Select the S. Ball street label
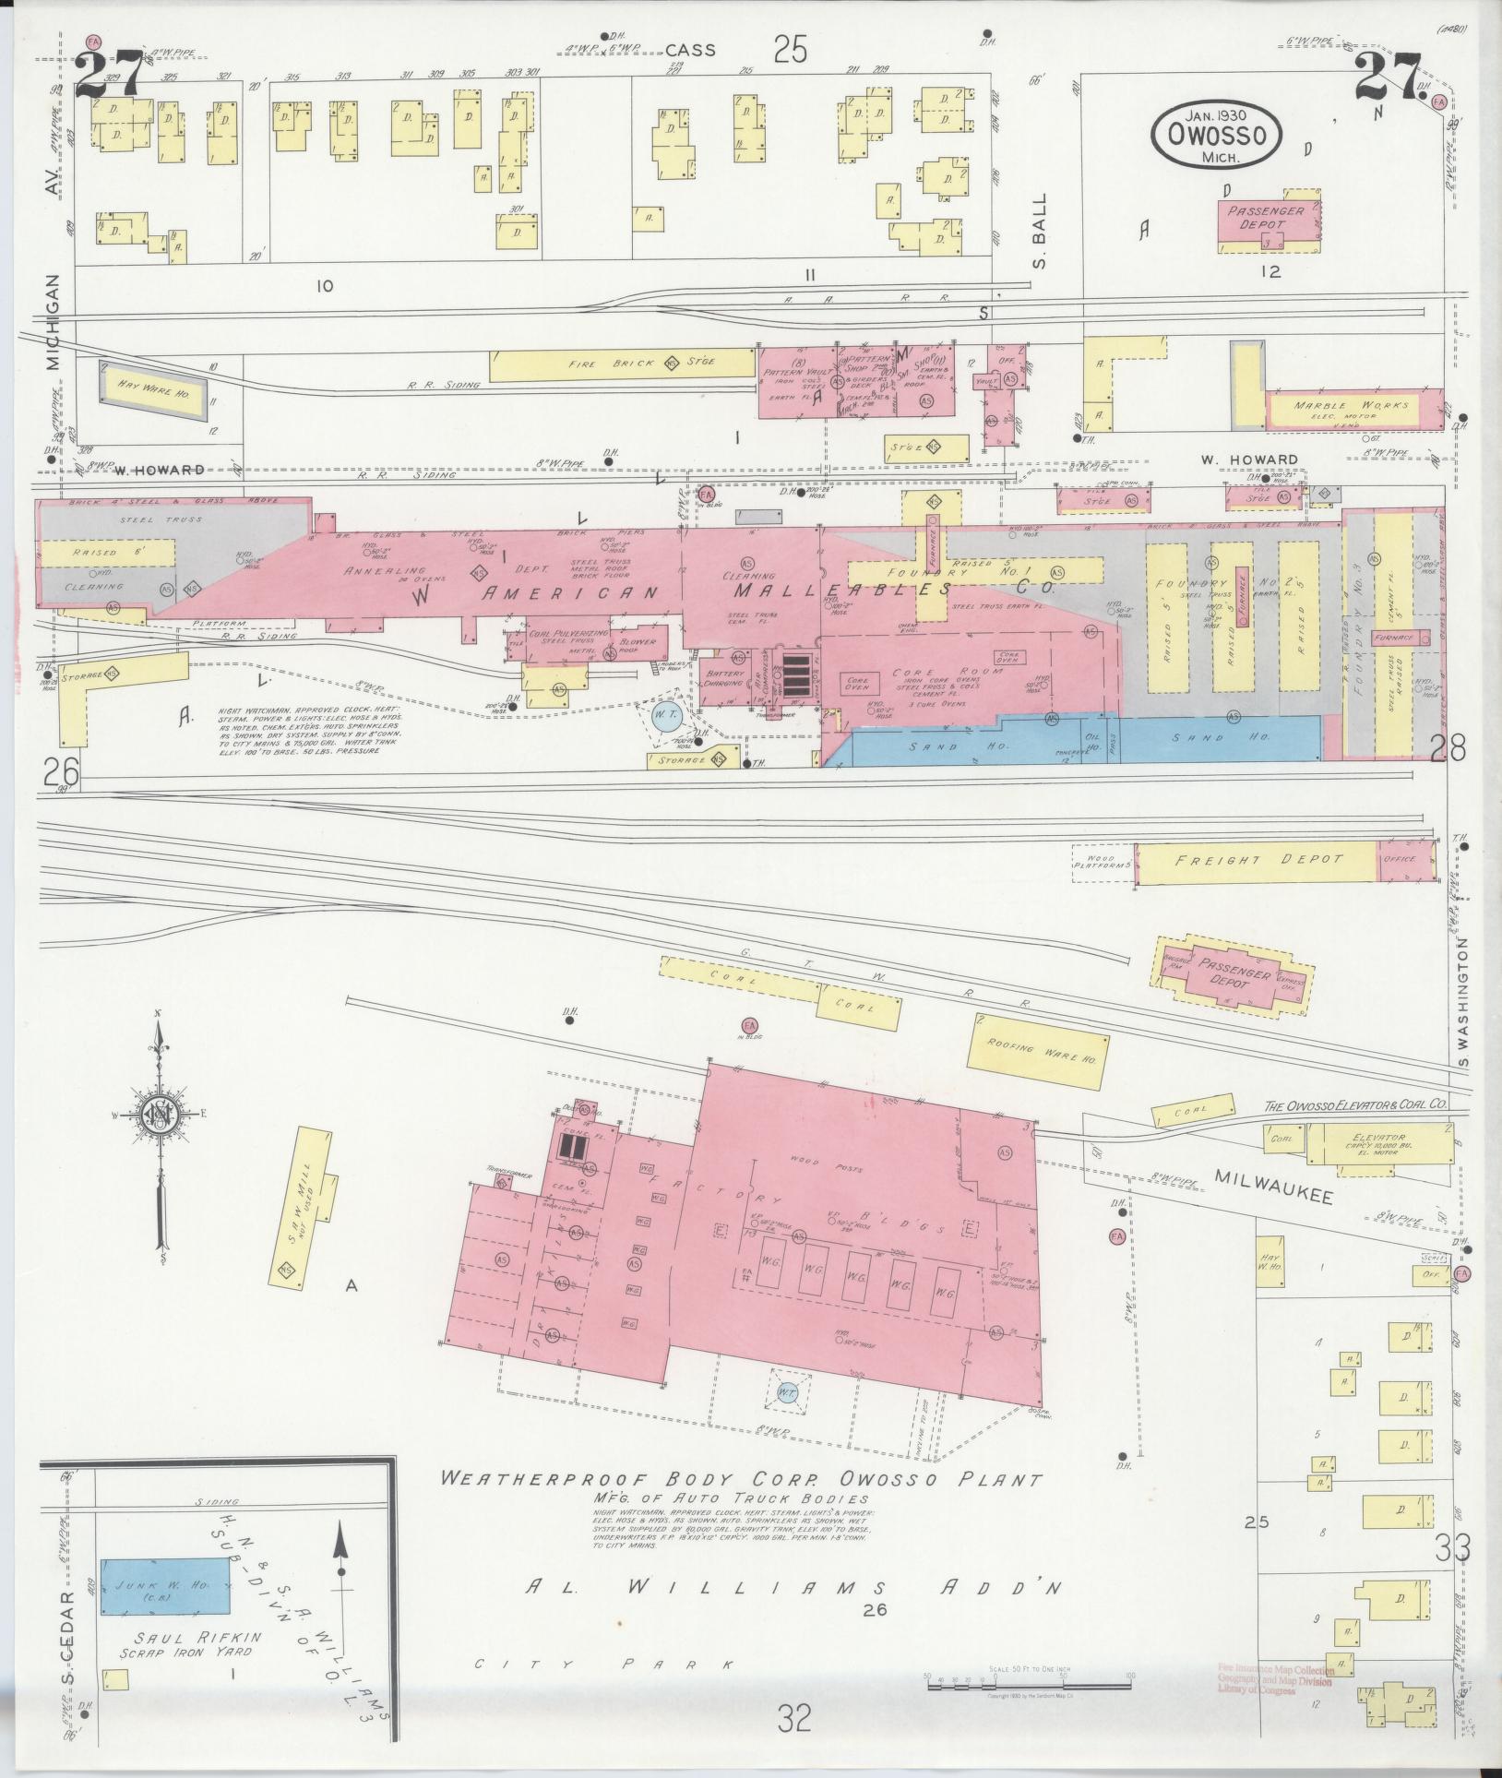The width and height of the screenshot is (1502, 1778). [x=1040, y=230]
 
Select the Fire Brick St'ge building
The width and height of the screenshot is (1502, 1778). [x=623, y=364]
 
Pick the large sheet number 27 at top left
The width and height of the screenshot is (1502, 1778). [x=109, y=76]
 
